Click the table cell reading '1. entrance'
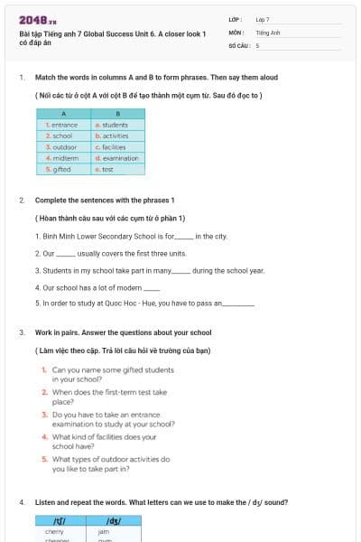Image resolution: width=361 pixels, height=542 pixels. (x=62, y=125)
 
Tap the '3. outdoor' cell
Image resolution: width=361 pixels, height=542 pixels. (x=62, y=146)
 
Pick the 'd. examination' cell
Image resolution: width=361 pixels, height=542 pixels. (x=116, y=158)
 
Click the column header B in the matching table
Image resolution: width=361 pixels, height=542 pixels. (x=117, y=114)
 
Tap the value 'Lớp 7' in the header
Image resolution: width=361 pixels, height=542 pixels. (x=263, y=19)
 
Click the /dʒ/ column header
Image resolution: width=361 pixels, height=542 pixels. (x=115, y=521)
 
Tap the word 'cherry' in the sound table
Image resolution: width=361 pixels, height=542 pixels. (x=54, y=532)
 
